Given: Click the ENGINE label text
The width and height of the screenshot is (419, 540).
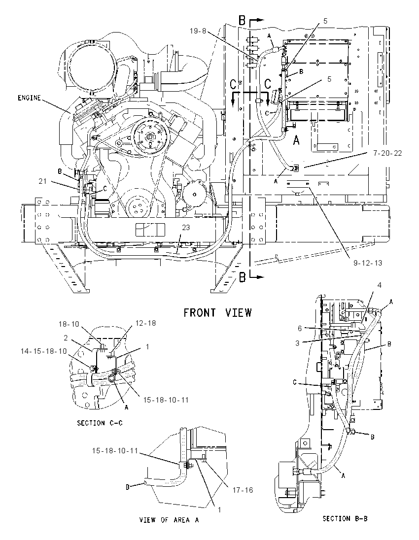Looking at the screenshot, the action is tap(29, 98).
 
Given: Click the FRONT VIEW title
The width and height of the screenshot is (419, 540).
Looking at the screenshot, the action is tap(217, 313).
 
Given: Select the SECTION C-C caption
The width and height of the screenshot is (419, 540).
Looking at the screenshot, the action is tap(100, 423).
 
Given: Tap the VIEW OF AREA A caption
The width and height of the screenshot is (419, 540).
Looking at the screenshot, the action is tap(169, 520).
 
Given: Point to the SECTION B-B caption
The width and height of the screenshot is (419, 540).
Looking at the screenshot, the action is tap(345, 518).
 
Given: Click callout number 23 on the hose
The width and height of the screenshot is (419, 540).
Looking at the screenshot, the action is tap(186, 228).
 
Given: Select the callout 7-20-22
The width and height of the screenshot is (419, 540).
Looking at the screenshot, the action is tap(387, 153).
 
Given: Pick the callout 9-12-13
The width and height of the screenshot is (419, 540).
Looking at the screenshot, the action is tap(368, 263).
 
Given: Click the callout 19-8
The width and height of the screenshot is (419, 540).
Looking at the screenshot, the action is tap(198, 31).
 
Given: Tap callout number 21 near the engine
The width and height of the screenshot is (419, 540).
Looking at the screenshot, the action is tap(42, 181).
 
